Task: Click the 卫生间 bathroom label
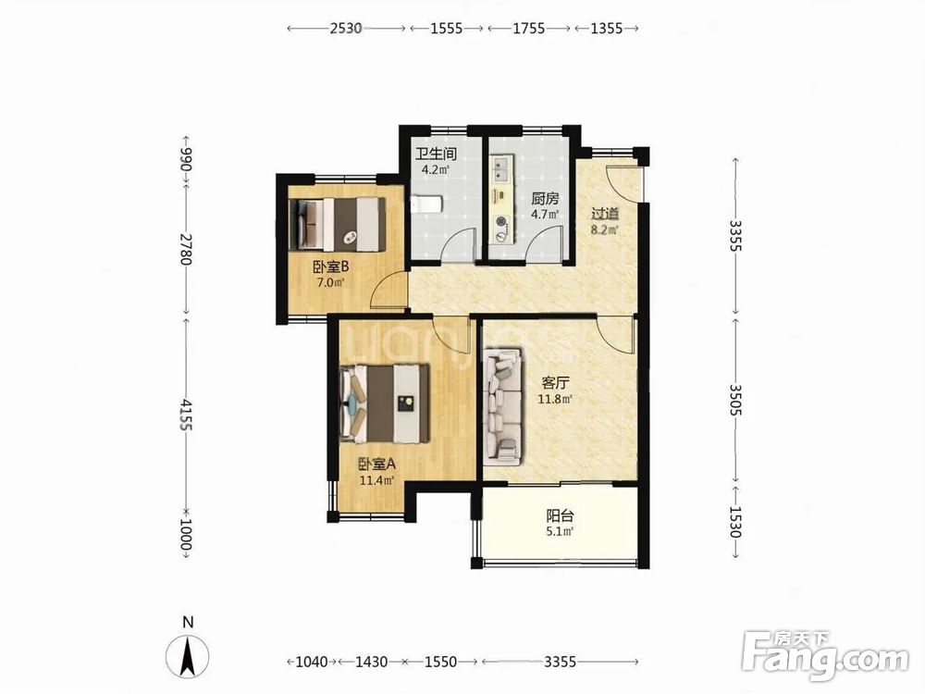tap(436, 154)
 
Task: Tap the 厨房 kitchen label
tap(545, 198)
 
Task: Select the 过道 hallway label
tap(605, 213)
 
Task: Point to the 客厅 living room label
tap(555, 383)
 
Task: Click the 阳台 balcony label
tap(560, 515)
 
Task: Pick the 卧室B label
tap(330, 266)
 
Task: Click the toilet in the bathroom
tap(425, 205)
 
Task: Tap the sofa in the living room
tap(503, 406)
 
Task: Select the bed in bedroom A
tap(384, 403)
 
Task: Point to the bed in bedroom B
tap(337, 225)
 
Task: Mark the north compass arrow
tap(188, 655)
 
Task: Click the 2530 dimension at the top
tap(346, 28)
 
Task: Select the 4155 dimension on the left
tap(186, 415)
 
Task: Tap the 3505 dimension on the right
tap(735, 400)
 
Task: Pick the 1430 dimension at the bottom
tap(372, 662)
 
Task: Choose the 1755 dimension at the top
tap(528, 28)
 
